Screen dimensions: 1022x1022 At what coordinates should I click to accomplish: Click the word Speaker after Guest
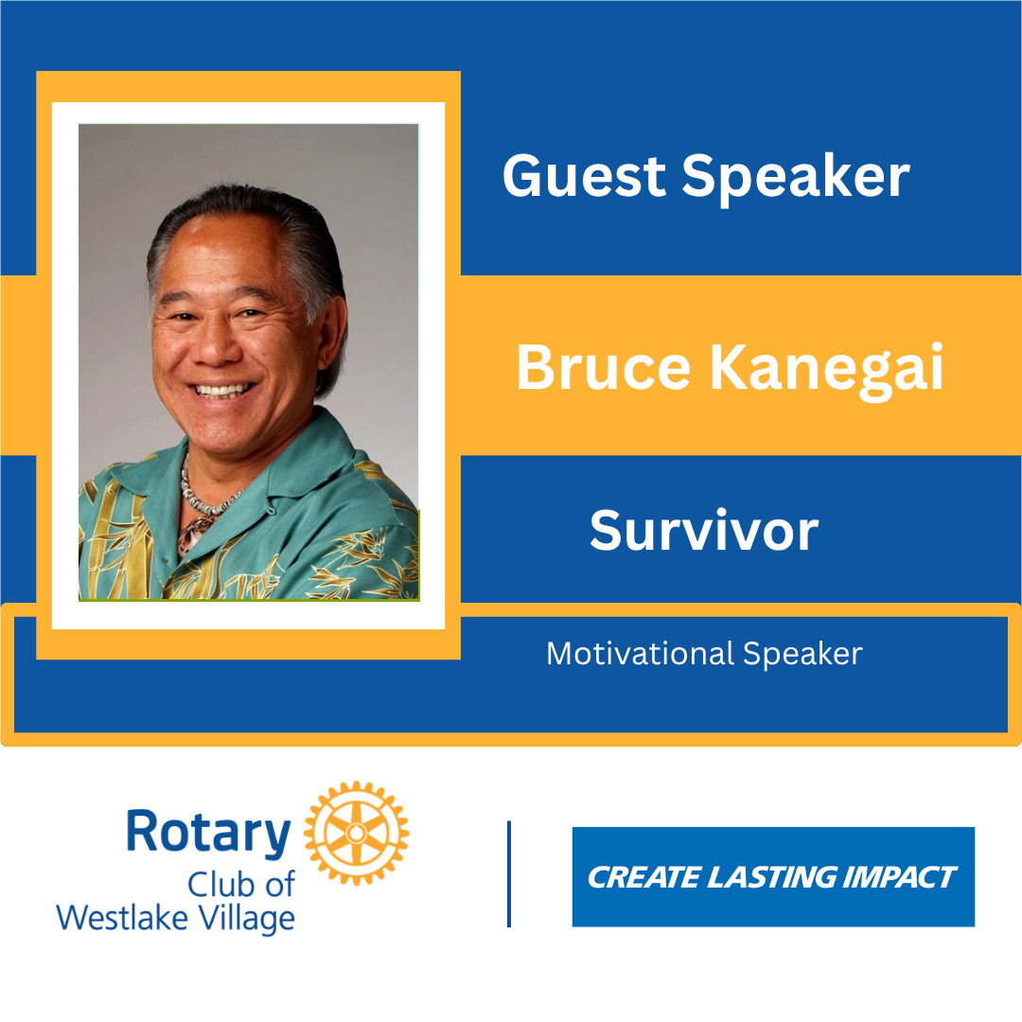(x=795, y=178)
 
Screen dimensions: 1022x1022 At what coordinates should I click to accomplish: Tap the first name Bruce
(x=603, y=367)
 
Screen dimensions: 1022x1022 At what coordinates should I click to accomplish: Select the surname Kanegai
(x=826, y=371)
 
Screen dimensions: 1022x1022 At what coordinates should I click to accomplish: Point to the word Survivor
(x=704, y=531)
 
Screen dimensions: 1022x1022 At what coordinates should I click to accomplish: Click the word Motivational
(x=640, y=654)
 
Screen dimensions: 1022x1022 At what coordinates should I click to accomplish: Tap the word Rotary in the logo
(x=208, y=834)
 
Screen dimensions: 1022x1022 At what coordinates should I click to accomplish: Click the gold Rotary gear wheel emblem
(x=356, y=833)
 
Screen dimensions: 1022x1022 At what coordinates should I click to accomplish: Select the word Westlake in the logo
(x=122, y=918)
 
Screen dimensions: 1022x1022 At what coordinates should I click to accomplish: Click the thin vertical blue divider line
(x=509, y=873)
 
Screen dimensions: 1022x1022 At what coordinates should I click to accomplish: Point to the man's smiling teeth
(x=220, y=391)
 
